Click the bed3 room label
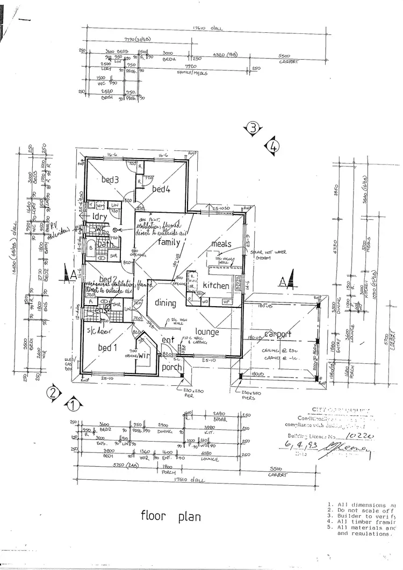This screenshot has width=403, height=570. (x=110, y=181)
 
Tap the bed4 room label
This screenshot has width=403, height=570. (x=161, y=189)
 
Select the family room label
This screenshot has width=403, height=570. (x=169, y=242)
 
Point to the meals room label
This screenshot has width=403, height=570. (x=221, y=244)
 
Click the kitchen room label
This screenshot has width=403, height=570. (x=215, y=286)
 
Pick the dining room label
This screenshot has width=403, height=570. (x=165, y=303)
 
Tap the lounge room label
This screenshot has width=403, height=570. (x=207, y=333)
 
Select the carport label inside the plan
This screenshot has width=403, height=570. (x=277, y=334)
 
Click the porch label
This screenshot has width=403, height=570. (x=172, y=367)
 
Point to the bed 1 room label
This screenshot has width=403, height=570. (x=108, y=348)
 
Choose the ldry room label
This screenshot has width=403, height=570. (x=100, y=217)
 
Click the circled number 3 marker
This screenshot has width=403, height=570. (x=253, y=128)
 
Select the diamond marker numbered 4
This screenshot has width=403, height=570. (x=274, y=145)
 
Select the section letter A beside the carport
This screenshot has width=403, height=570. (x=289, y=280)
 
